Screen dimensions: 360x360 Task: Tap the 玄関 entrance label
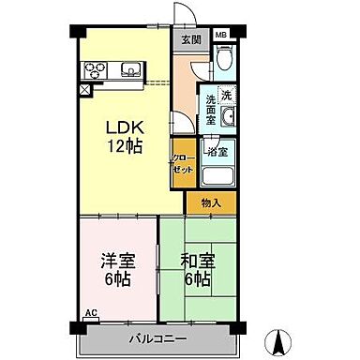[x=191, y=40]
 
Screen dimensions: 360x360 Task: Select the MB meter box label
[x=222, y=35]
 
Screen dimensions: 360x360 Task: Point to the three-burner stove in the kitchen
[x=98, y=68]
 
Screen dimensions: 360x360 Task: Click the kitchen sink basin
[x=129, y=68]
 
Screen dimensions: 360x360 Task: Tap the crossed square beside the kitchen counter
[x=85, y=90]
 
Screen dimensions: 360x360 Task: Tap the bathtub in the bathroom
[x=218, y=176]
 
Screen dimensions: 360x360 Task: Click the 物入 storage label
[x=210, y=202]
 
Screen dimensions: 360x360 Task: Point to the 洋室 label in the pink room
[x=116, y=261]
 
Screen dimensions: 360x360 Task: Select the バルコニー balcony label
[x=163, y=337]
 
